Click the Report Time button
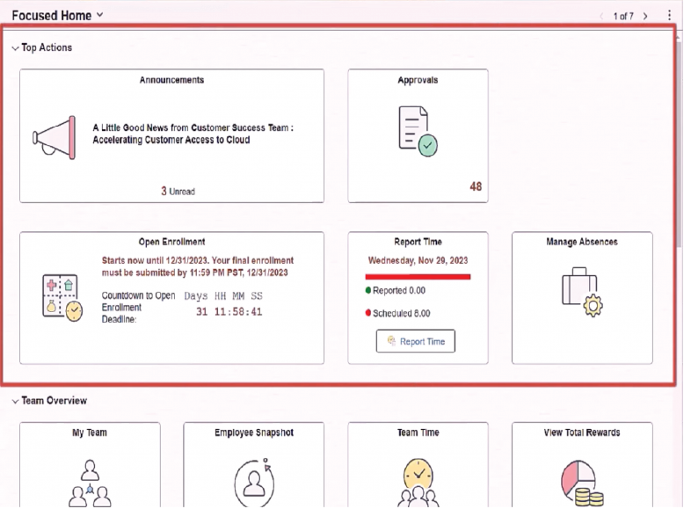point(416,341)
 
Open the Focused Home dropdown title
point(57,15)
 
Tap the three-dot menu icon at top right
point(669,16)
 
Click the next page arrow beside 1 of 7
point(646,16)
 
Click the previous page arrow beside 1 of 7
point(601,16)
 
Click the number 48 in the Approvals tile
point(476,186)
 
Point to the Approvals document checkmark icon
point(416,131)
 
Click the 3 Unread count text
point(178,191)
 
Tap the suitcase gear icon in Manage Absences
point(581,290)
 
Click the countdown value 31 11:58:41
point(229,312)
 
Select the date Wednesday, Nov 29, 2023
point(418,260)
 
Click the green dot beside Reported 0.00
point(368,289)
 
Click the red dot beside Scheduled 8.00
point(368,312)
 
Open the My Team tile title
point(90,433)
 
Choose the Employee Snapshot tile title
point(253,433)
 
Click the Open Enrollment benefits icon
point(62,297)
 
